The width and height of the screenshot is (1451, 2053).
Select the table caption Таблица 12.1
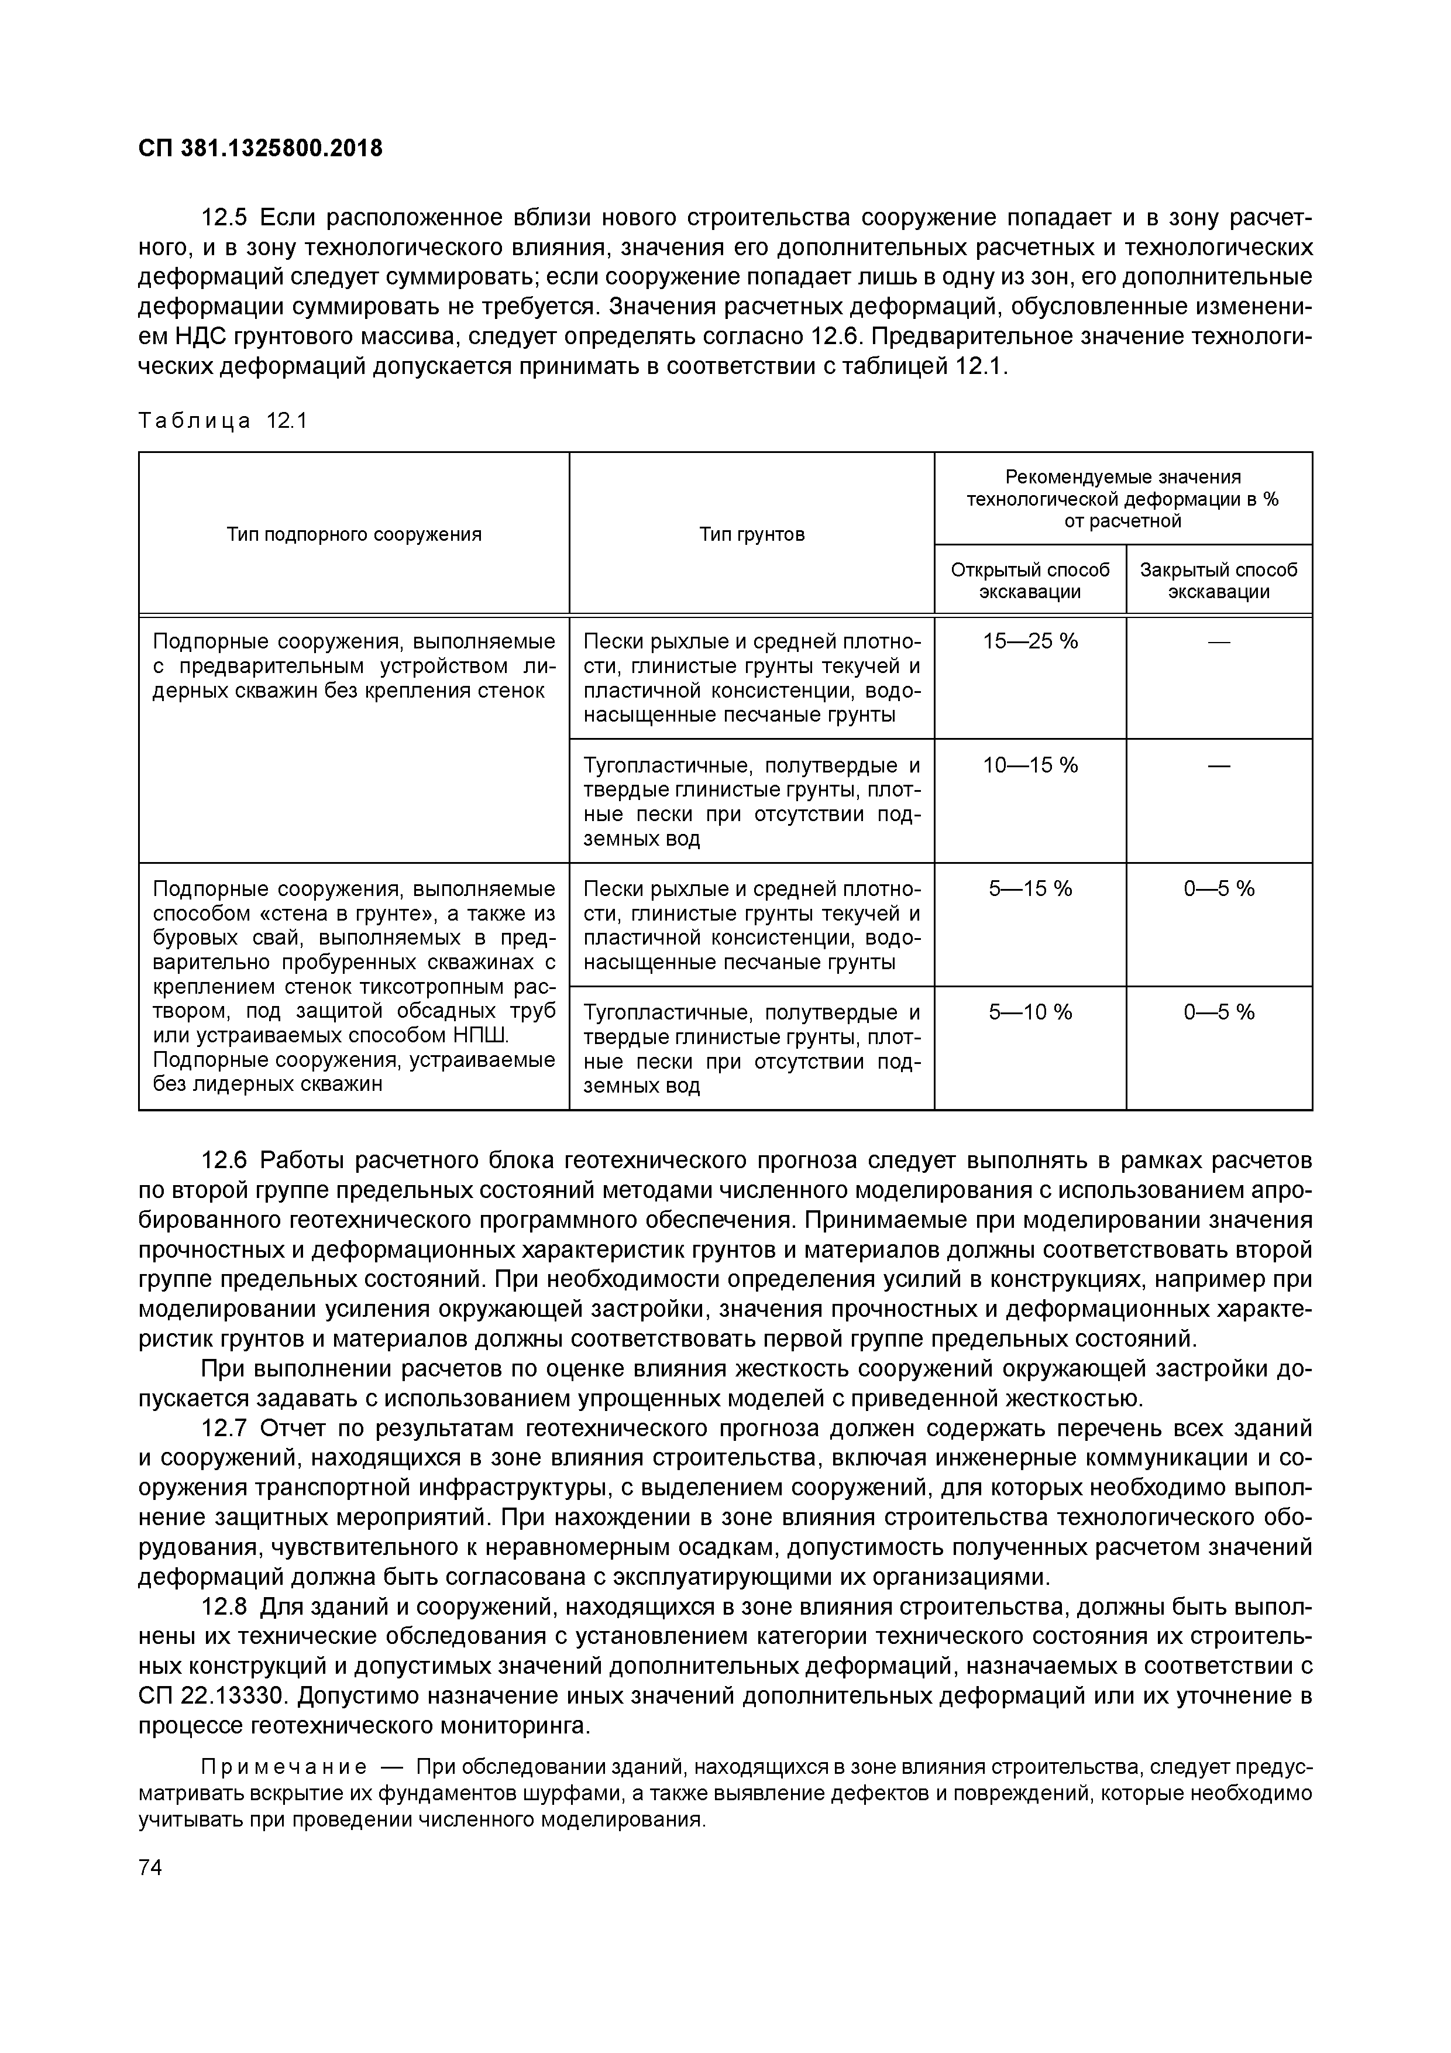pos(222,421)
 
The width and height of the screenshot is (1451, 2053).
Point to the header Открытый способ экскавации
pos(1030,581)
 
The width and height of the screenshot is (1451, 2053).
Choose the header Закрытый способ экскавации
pos(1219,581)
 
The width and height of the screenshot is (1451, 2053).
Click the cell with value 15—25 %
pos(1030,641)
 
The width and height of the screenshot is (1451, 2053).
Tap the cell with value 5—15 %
pos(1030,888)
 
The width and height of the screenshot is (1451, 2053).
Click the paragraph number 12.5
pos(225,218)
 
